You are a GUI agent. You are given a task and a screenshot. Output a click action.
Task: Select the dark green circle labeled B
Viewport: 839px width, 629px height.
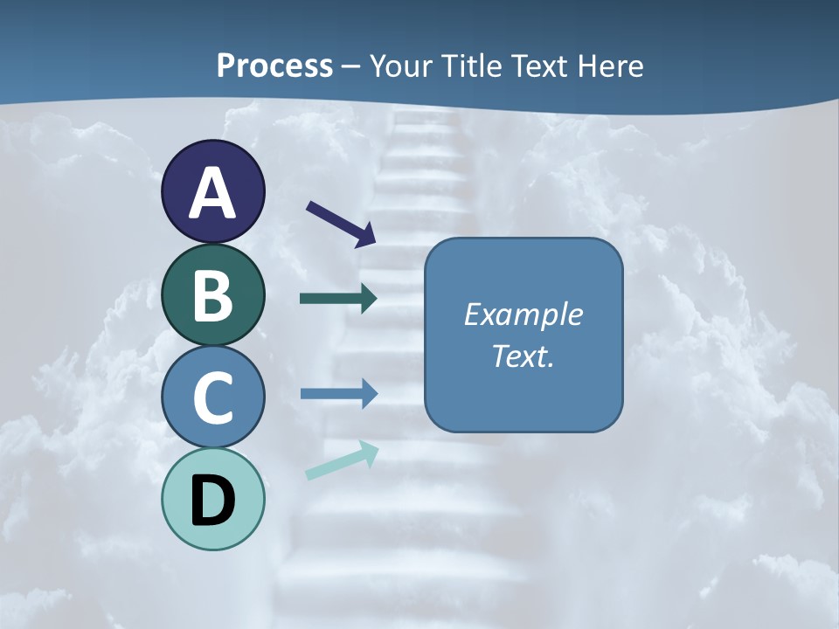click(x=212, y=295)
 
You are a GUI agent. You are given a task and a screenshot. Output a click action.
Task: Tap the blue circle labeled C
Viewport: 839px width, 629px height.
click(x=212, y=397)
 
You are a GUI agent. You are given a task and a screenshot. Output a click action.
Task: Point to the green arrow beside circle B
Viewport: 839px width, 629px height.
click(x=338, y=299)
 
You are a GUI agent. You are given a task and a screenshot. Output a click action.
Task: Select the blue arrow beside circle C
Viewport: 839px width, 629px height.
click(x=338, y=394)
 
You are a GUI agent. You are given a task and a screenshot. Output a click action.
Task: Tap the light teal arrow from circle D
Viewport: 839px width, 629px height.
click(x=342, y=460)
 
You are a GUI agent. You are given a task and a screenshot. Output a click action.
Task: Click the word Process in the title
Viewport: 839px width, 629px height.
click(x=274, y=66)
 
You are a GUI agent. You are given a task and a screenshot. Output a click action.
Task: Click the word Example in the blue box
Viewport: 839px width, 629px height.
click(x=523, y=314)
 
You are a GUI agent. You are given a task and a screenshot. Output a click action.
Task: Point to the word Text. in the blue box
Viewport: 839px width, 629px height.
click(x=523, y=356)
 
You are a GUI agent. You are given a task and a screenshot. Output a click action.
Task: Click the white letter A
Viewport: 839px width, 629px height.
click(x=212, y=192)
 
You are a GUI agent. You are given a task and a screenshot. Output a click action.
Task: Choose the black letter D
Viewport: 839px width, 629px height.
click(x=212, y=501)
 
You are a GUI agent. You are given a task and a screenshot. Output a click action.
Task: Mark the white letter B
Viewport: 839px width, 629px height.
click(x=212, y=295)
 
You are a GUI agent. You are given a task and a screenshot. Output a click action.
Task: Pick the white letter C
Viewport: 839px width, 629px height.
click(x=212, y=397)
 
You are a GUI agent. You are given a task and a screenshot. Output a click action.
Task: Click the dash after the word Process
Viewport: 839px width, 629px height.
click(x=351, y=66)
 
